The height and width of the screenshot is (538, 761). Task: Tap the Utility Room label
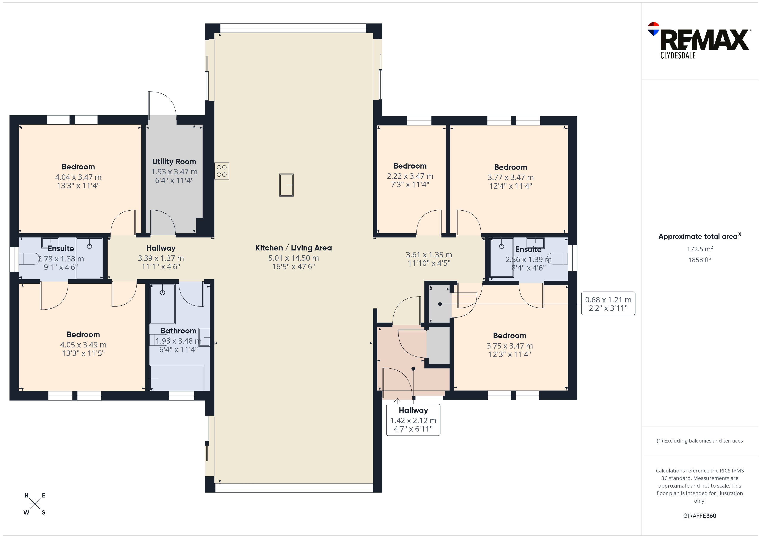(x=174, y=162)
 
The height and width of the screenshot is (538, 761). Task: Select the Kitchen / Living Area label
(x=293, y=248)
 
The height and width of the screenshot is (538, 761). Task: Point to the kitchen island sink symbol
(x=286, y=185)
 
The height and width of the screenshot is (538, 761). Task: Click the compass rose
(x=35, y=504)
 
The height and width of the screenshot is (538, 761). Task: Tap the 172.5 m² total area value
(x=700, y=249)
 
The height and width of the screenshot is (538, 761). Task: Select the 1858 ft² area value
(x=700, y=260)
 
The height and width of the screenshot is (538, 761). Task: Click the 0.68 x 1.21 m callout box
(x=608, y=303)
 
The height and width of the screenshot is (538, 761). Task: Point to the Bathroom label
(x=178, y=331)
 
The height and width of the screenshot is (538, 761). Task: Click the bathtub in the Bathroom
(x=177, y=378)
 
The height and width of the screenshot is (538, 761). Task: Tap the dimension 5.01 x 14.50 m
(x=293, y=258)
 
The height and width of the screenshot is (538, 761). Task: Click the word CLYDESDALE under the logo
(x=678, y=55)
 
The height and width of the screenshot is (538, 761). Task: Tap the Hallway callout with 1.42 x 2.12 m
(x=413, y=420)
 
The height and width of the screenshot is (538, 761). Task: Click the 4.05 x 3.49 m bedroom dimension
(x=83, y=345)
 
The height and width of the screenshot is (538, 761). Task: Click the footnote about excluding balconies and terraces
(x=700, y=441)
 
